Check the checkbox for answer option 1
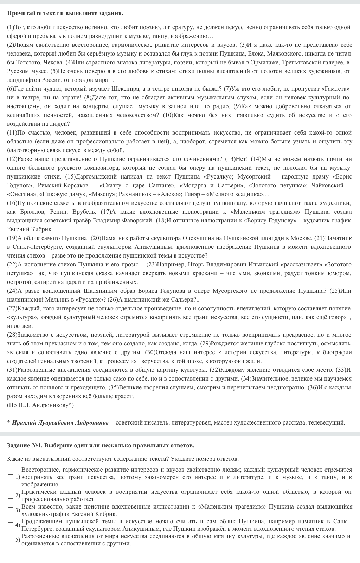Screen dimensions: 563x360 pyautogui.click(x=11, y=477)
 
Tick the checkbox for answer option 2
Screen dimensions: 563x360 pyautogui.click(x=11, y=496)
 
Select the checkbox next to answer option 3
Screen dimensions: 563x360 pyautogui.click(x=11, y=510)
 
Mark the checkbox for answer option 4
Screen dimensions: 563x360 pyautogui.click(x=11, y=525)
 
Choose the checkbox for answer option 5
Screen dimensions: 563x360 pyautogui.click(x=11, y=540)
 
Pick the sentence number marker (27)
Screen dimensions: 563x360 pyautogui.click(x=12, y=309)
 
